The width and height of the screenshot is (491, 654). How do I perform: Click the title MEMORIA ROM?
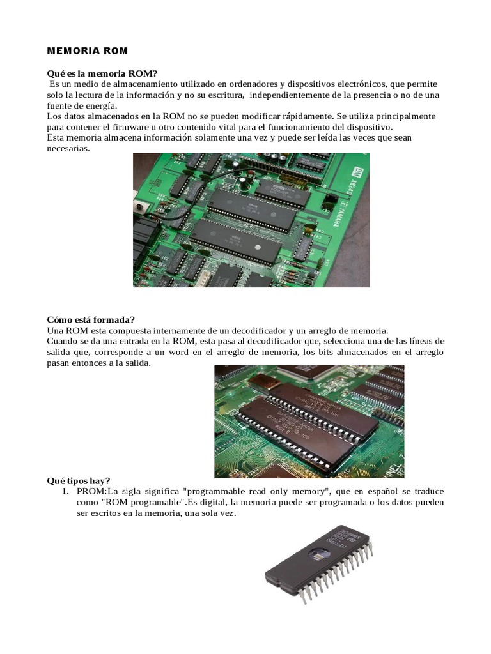(88, 50)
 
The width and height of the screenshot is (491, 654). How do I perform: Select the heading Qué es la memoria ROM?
(102, 74)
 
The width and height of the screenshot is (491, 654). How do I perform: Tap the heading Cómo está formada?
(91, 319)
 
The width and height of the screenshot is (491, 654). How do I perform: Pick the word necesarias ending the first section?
(68, 148)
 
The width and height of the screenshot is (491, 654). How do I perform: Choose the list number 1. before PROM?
(65, 491)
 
